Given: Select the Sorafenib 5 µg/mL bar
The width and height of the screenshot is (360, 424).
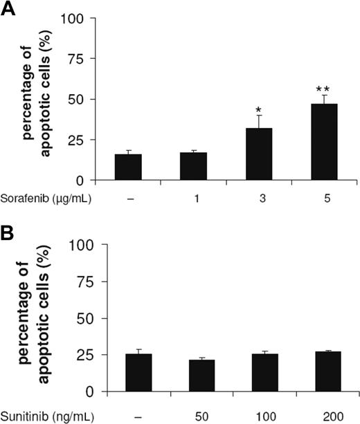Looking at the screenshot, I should coord(322,142).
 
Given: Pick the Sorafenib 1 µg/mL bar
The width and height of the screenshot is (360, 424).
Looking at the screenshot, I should coord(193,166).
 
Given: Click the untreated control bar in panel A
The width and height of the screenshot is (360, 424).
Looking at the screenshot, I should coord(128,167).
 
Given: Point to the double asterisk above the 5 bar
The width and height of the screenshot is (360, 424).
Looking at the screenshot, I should coord(322,90).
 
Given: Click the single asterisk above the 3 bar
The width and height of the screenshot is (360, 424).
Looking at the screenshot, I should coord(258,110).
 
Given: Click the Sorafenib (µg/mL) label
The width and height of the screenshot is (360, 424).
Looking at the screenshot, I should coord(46,199).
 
